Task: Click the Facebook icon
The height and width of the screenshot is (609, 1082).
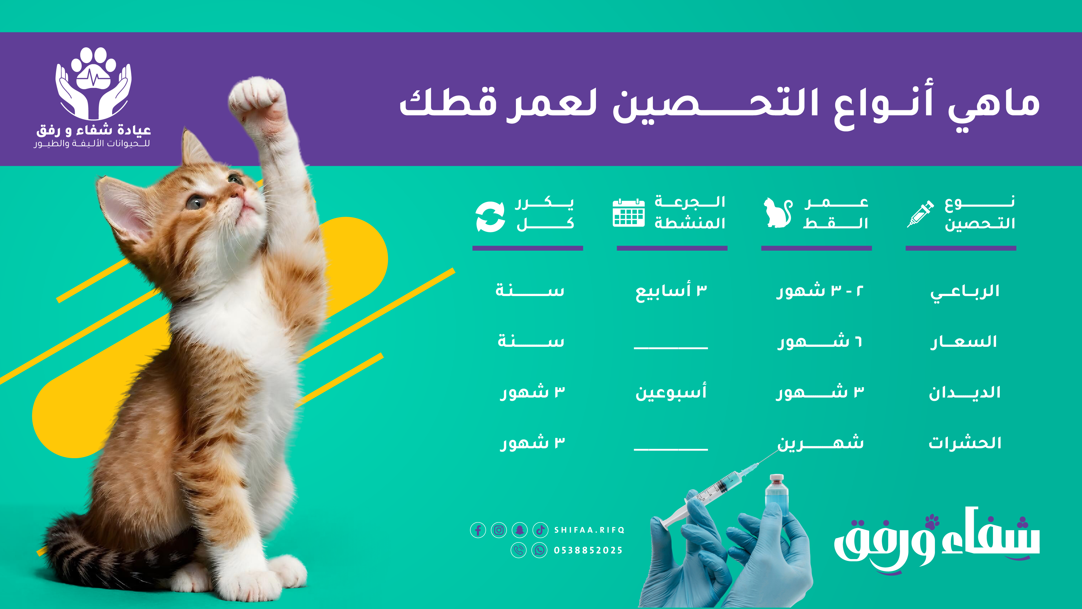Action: [x=478, y=530]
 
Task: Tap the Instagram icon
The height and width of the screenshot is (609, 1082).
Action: [x=498, y=530]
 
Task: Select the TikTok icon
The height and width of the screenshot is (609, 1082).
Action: [x=540, y=530]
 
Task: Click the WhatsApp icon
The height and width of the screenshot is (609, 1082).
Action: [x=539, y=550]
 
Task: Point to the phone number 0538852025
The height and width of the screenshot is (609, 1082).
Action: [x=588, y=550]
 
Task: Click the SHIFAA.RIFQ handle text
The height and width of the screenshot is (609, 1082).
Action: [x=589, y=530]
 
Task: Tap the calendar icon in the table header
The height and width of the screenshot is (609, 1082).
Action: [x=628, y=213]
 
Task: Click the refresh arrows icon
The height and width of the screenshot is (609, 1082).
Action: [x=490, y=217]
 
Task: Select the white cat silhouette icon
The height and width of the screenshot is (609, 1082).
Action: [x=777, y=213]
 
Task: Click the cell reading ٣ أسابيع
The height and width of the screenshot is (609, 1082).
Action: [x=671, y=291]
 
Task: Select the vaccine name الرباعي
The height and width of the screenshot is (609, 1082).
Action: [x=965, y=291]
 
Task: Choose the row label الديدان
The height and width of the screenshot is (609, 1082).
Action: [x=965, y=392]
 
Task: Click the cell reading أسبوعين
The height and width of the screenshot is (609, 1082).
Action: [x=671, y=392]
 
